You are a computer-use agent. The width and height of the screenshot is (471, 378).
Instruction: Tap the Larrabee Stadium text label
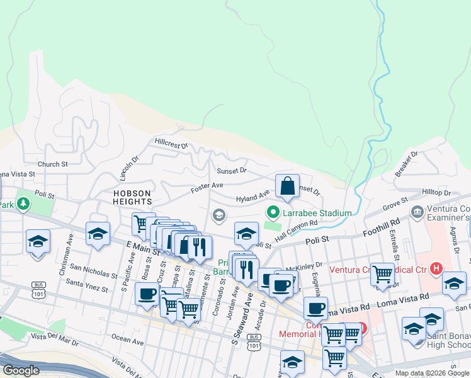click(317, 213)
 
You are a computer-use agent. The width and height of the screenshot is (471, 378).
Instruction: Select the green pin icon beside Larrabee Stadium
click(273, 213)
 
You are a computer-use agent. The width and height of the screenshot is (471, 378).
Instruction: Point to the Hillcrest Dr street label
click(171, 144)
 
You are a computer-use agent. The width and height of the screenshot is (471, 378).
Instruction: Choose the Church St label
click(52, 164)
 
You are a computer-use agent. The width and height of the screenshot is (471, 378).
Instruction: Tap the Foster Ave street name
click(208, 186)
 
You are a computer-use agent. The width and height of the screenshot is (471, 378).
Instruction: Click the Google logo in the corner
click(20, 370)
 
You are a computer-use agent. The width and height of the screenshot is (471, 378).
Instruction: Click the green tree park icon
click(23, 203)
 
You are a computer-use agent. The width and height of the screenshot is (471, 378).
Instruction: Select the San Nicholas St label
click(93, 272)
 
